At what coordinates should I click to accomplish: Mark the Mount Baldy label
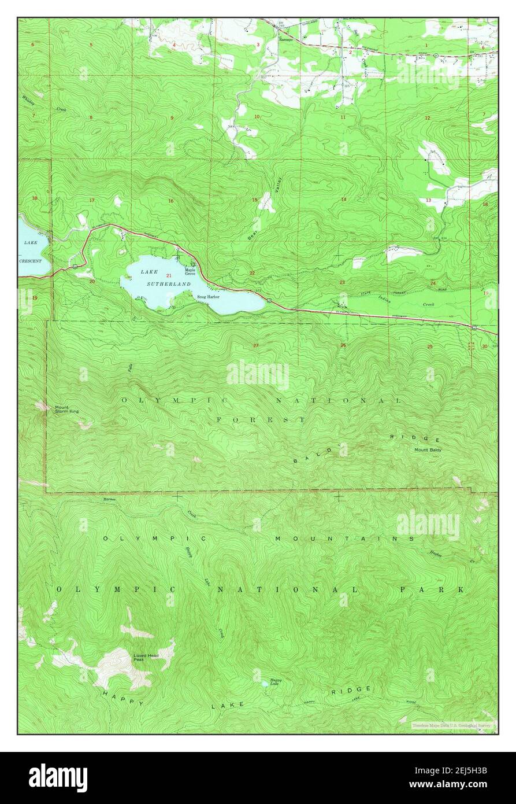427,450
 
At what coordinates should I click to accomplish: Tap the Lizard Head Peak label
146,657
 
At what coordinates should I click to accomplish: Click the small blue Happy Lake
265,684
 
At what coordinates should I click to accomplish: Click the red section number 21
169,275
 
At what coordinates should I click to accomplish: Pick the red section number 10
257,117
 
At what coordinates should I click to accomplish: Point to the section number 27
255,346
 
